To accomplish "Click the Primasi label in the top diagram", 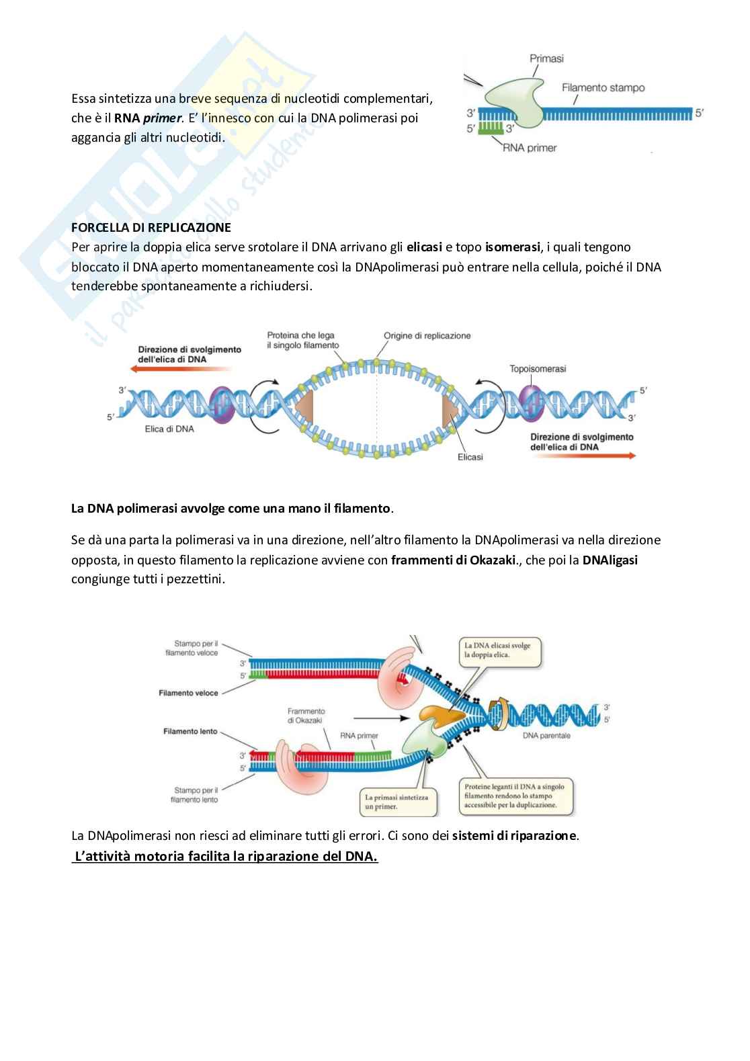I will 546,58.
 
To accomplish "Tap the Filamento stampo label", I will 603,87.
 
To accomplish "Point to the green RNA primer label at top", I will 530,147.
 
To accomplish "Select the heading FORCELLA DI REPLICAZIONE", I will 151,227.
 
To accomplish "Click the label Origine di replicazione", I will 427,335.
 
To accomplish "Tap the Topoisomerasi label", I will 538,368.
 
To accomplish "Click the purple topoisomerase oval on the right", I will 531,401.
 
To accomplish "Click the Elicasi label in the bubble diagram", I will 470,457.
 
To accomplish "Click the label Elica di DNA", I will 169,429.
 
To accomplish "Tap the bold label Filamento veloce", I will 188,693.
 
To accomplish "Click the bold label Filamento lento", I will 190,731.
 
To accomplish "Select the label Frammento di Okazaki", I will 306,716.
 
